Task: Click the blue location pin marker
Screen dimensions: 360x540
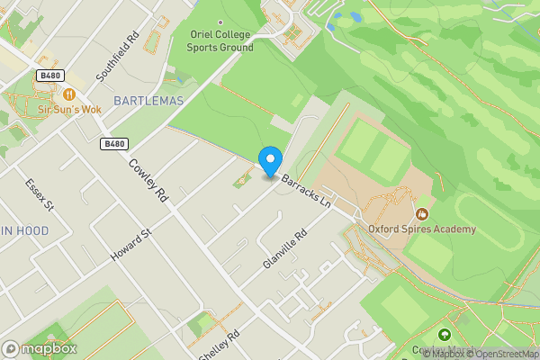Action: [269, 161]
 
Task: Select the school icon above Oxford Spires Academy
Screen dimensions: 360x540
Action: [422, 213]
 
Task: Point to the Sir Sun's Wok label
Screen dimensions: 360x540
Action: [69, 109]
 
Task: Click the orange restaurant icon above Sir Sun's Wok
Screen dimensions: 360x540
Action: [69, 94]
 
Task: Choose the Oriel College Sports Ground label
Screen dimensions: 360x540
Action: [221, 40]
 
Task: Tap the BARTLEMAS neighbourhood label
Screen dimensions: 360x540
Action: [148, 99]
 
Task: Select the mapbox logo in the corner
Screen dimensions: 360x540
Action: [40, 348]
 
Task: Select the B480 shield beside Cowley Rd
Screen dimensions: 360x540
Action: [114, 143]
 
